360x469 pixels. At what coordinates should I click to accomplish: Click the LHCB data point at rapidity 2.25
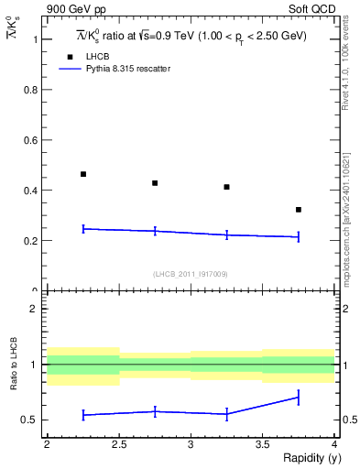[x=83, y=174]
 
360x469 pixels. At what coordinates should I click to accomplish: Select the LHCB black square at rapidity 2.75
[x=155, y=183]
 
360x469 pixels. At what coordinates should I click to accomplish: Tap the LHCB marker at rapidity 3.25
[x=226, y=187]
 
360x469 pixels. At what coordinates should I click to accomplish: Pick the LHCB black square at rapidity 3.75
[x=299, y=210]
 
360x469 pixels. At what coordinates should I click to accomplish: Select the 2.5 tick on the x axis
[x=118, y=444]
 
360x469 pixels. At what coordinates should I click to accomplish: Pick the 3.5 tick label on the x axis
[x=262, y=444]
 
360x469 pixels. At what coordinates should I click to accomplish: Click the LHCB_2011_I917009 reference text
[x=190, y=274]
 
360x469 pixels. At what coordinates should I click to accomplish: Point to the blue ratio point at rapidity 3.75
[x=299, y=398]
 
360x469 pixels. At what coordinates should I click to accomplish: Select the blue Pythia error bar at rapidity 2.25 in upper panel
[x=83, y=229]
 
